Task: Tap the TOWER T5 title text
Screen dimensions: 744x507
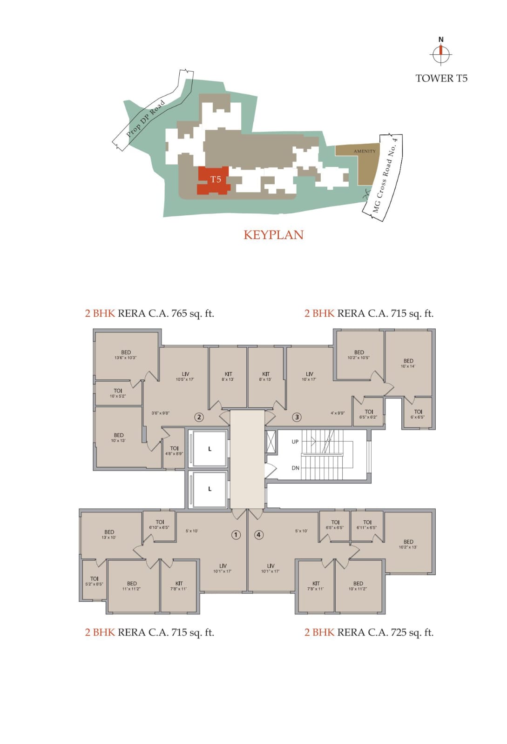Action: click(441, 78)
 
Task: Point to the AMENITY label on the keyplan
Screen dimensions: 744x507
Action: click(365, 151)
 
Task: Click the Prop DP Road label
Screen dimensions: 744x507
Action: click(146, 118)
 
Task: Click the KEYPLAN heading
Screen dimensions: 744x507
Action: click(273, 235)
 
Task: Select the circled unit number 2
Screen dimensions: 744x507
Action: click(199, 417)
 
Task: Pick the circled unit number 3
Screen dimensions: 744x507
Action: click(297, 417)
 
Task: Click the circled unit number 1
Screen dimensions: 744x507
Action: click(236, 535)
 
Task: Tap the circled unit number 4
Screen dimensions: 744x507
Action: click(259, 535)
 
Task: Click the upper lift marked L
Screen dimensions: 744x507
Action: click(210, 449)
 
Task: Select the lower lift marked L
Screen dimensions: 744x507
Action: click(210, 489)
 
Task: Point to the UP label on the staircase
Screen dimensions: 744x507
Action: click(295, 442)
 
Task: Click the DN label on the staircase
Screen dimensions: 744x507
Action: click(295, 468)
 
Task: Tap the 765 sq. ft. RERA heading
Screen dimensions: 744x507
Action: click(149, 313)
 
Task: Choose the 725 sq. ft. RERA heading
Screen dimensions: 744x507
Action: click(369, 632)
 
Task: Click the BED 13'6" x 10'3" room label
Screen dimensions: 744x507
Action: click(126, 355)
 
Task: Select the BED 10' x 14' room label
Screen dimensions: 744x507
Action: click(408, 363)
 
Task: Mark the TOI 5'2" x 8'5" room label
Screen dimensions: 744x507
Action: click(94, 581)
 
